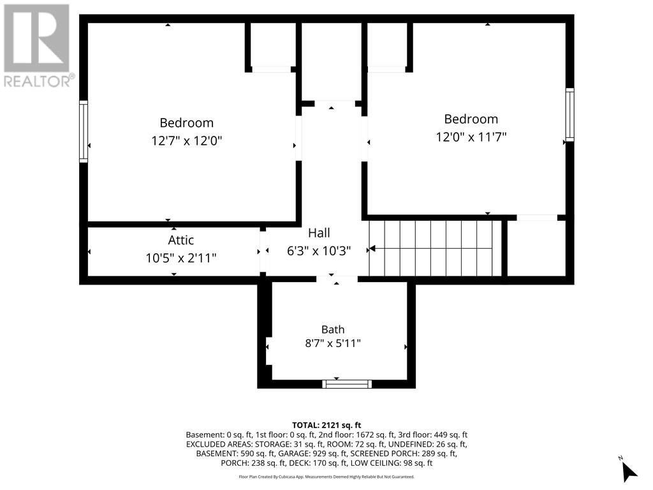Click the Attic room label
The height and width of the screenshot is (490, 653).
point(180,240)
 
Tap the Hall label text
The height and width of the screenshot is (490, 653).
point(319,233)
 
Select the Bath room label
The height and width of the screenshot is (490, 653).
point(333,330)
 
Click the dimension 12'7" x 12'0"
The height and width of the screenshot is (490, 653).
point(187,141)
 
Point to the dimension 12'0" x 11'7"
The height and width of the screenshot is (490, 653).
point(471,137)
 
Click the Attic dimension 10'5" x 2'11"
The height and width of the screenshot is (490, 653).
point(180,258)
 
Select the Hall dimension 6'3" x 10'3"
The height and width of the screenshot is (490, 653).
point(319,251)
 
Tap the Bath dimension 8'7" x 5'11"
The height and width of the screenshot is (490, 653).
point(333,343)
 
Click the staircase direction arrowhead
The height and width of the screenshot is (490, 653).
point(372,249)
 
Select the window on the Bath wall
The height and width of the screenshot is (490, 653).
point(346,383)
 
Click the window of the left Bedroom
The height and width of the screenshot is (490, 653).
point(84,131)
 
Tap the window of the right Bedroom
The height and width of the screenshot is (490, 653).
point(569,115)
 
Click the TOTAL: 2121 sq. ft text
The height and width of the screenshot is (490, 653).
point(326,426)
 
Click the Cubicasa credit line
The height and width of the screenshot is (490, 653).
point(326,477)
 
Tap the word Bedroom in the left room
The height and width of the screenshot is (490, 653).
point(187,123)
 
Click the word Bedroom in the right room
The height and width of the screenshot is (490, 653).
point(471,119)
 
